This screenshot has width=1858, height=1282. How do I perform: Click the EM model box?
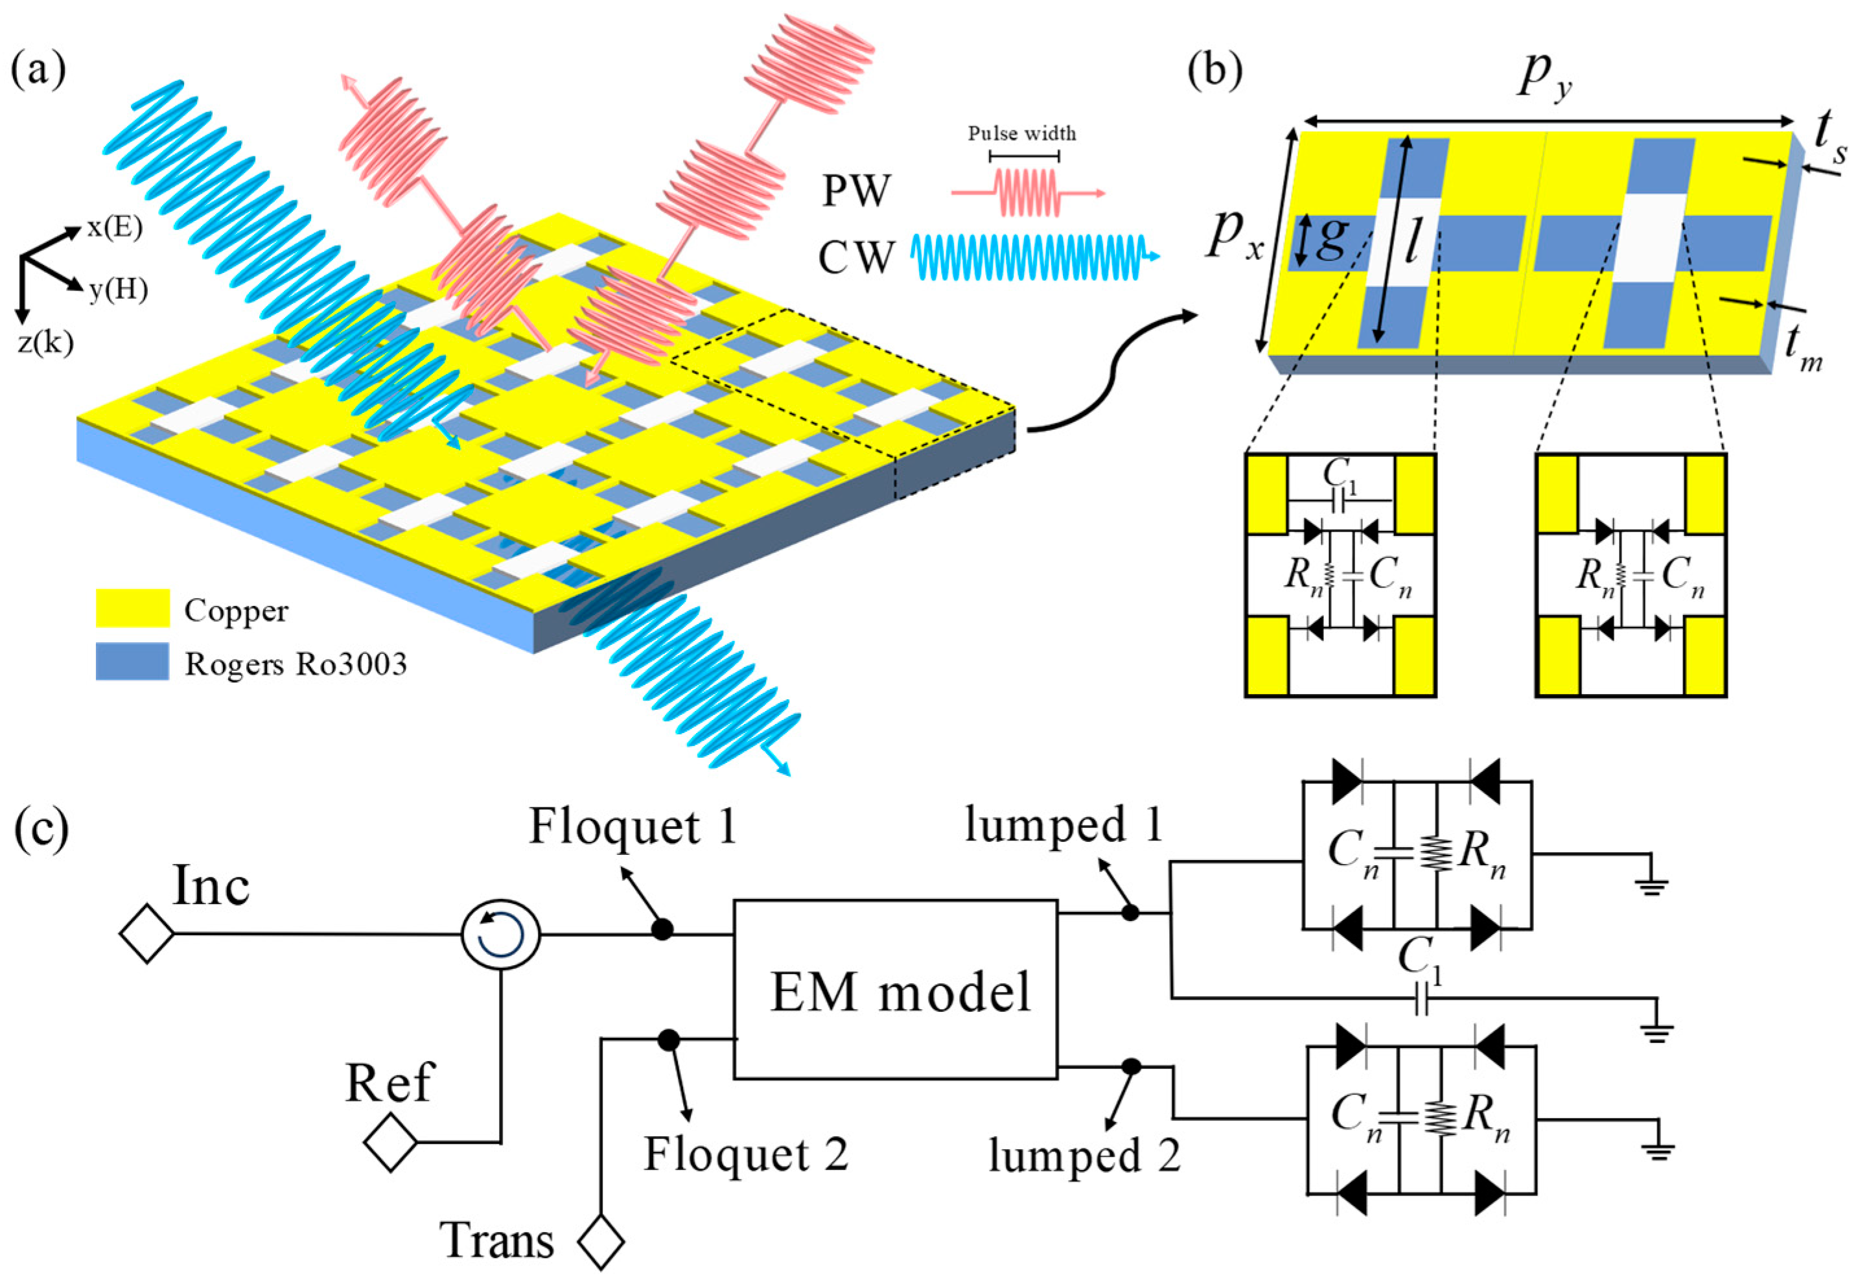tap(894, 990)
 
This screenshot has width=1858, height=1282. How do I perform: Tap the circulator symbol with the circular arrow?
tap(501, 934)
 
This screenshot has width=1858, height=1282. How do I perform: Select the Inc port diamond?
tap(147, 934)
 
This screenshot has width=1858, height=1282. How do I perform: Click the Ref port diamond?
tap(390, 1141)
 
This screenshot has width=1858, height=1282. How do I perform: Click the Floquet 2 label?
tap(745, 1154)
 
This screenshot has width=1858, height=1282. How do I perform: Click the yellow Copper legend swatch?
tap(132, 608)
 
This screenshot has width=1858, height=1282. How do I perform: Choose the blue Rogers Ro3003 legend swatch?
tap(132, 662)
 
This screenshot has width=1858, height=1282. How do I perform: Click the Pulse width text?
tap(1021, 134)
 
